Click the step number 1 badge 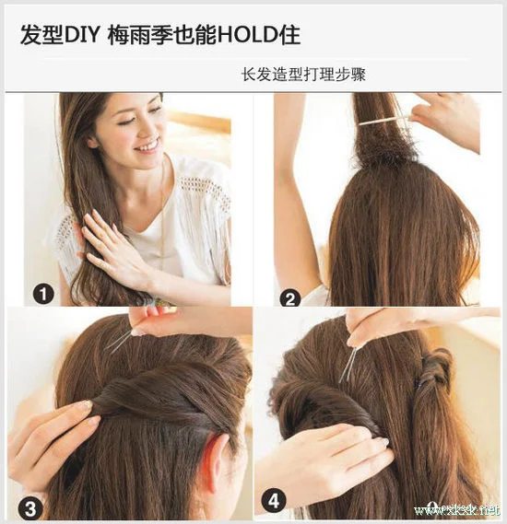(42, 295)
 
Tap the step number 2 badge (290, 297)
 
